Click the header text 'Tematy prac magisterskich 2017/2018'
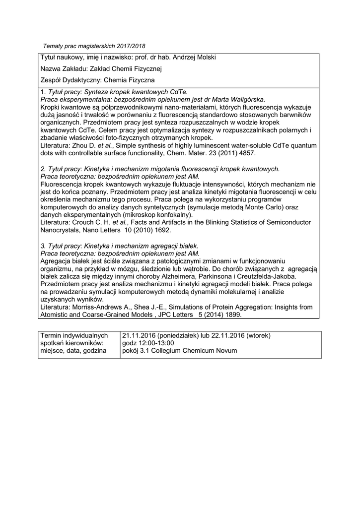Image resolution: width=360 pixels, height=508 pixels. (91, 46)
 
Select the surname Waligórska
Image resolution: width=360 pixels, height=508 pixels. (241, 99)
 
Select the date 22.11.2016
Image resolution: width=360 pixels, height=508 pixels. (229, 335)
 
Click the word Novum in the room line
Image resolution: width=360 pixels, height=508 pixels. (226, 351)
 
